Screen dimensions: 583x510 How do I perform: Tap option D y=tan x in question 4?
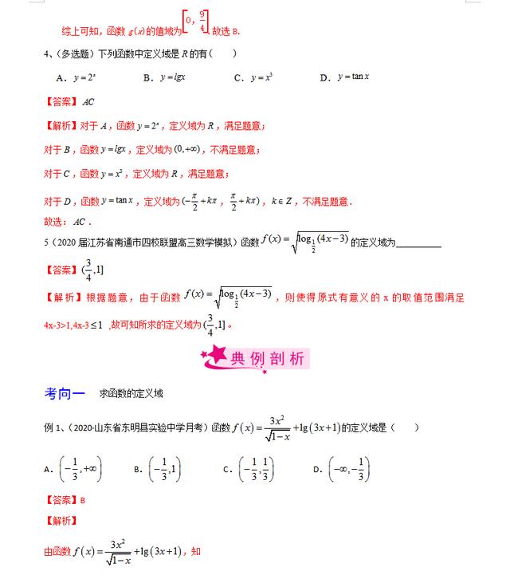tap(355, 77)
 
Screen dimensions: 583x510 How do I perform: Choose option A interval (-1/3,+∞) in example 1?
tap(80, 471)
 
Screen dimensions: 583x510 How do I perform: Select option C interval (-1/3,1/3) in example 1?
tap(258, 471)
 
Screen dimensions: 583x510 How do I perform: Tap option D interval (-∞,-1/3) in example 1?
tap(349, 471)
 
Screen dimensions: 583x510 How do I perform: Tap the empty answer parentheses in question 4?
tap(223, 53)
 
